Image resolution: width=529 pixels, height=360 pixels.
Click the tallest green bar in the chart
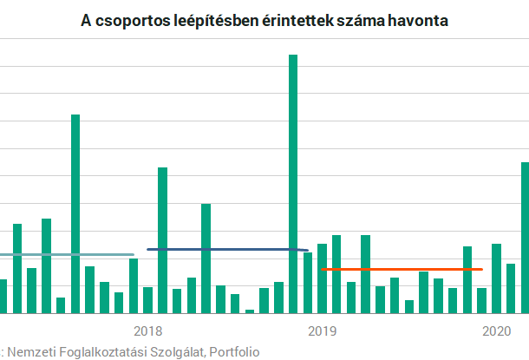coord(293,183)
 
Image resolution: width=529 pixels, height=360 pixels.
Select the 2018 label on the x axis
coord(148,331)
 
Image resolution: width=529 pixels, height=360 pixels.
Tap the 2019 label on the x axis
coord(322,331)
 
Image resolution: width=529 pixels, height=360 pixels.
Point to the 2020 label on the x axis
coord(496,331)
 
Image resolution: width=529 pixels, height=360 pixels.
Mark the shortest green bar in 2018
coord(250,311)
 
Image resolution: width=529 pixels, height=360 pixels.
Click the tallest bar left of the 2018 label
coord(75,213)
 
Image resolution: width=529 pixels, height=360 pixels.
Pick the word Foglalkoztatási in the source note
coord(101,351)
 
